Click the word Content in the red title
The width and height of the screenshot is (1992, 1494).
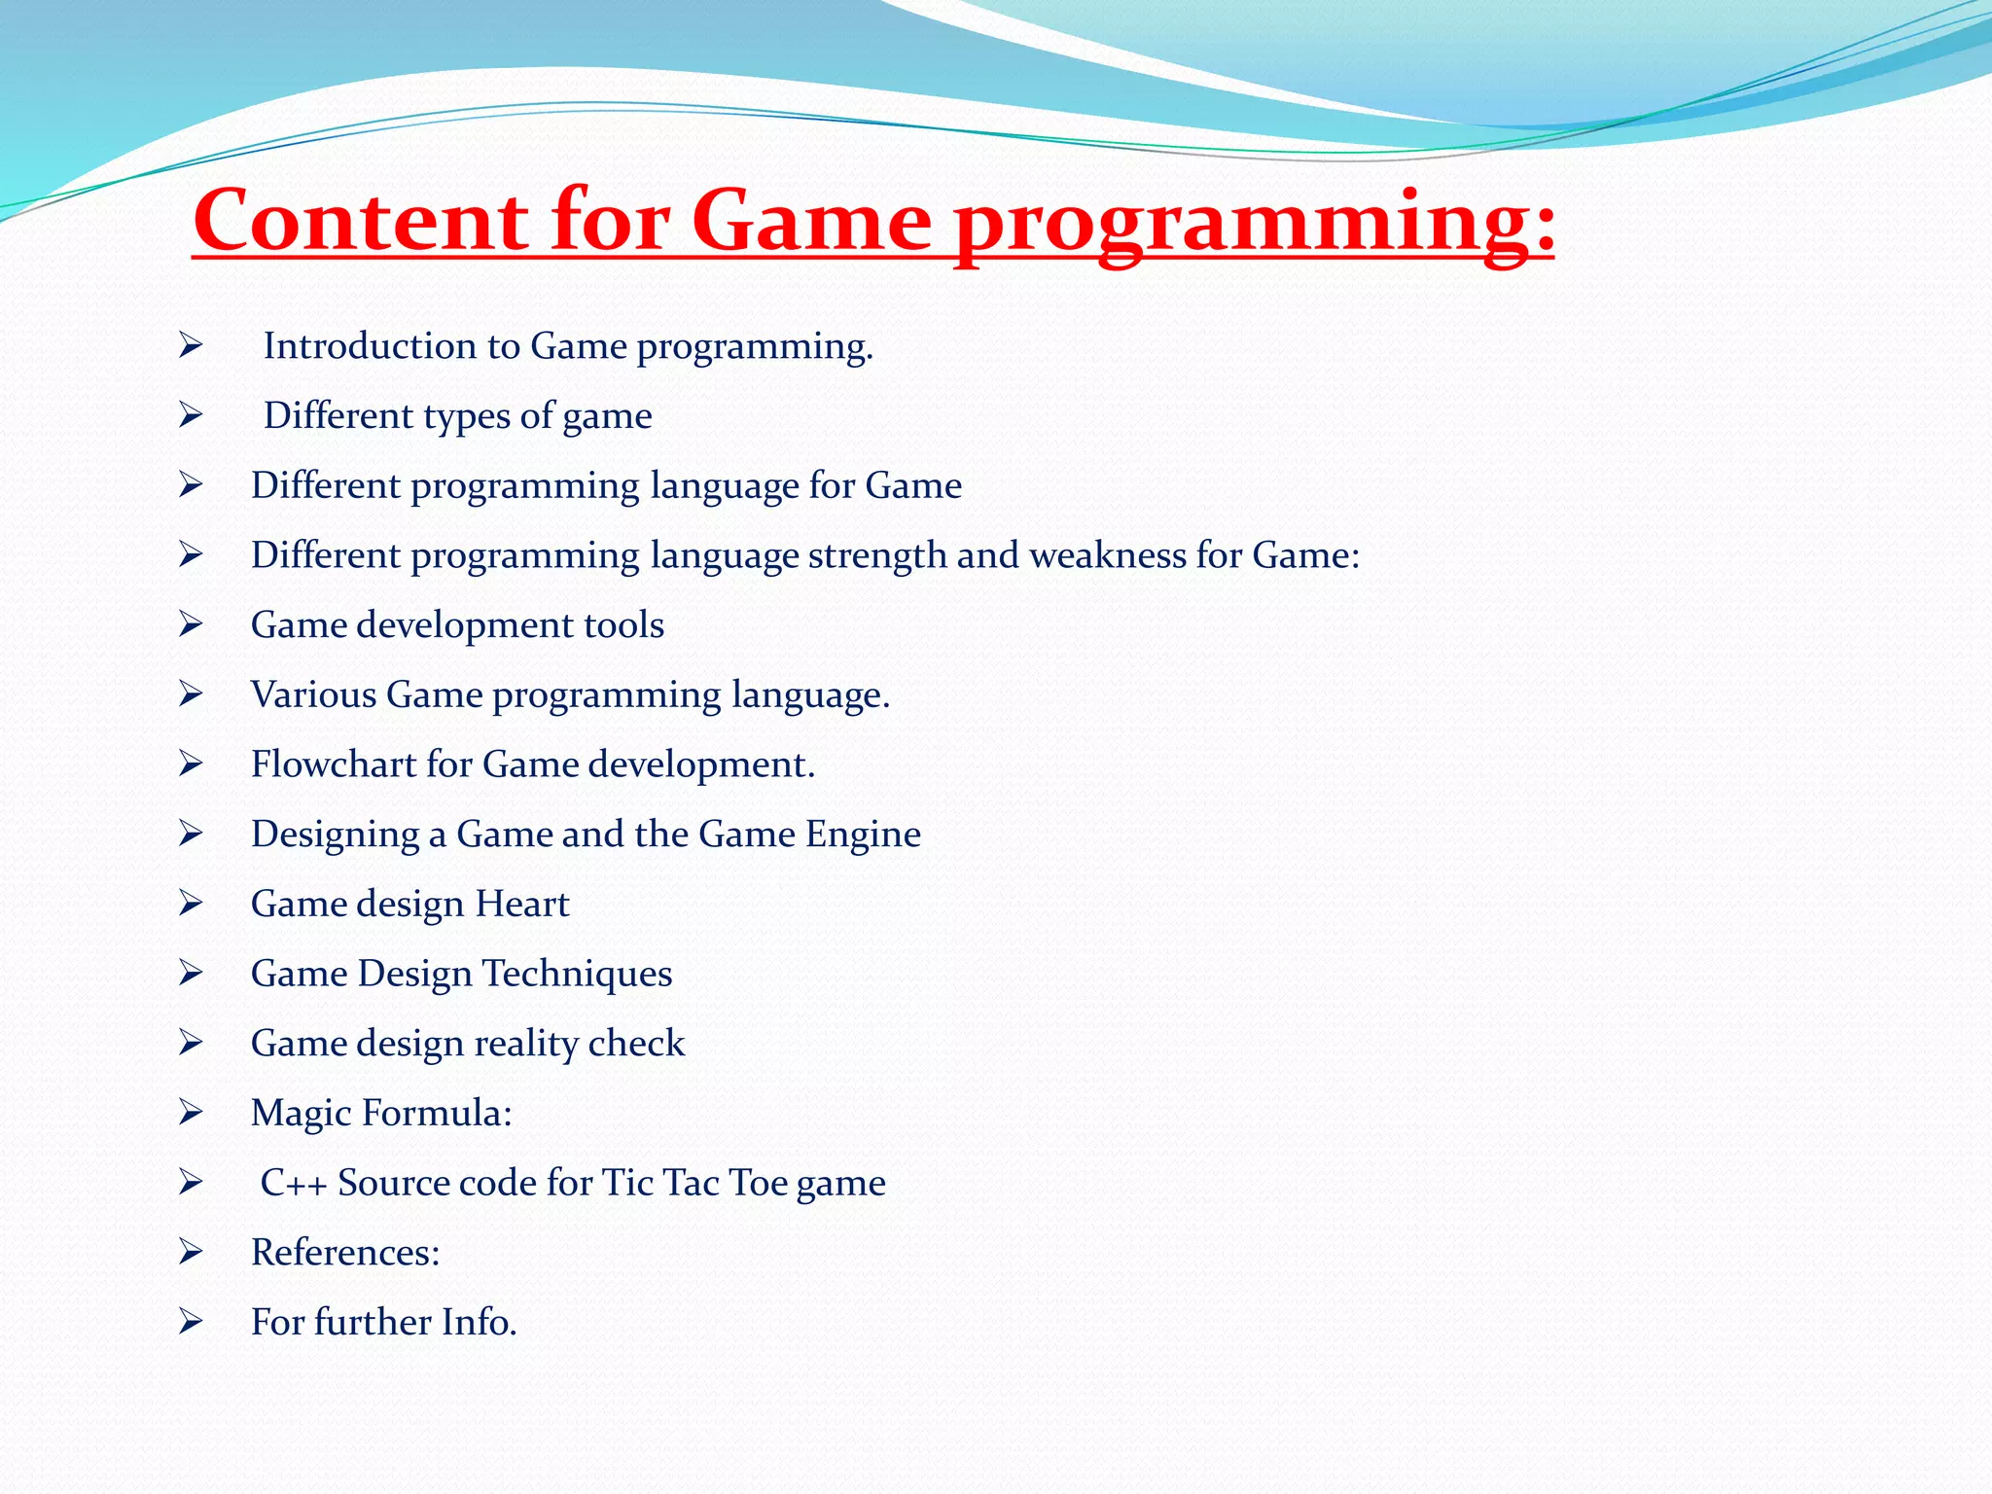click(360, 222)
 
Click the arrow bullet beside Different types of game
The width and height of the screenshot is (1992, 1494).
click(191, 415)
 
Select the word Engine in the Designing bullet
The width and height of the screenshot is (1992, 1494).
click(863, 835)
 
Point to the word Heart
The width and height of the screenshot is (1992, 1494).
click(521, 905)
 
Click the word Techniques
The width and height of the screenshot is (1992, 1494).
click(577, 974)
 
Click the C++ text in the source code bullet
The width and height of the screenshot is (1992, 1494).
click(294, 1184)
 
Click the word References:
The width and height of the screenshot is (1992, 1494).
click(345, 1253)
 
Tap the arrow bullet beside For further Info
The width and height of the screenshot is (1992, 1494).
click(191, 1322)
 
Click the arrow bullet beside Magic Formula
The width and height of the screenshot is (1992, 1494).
click(191, 1113)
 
